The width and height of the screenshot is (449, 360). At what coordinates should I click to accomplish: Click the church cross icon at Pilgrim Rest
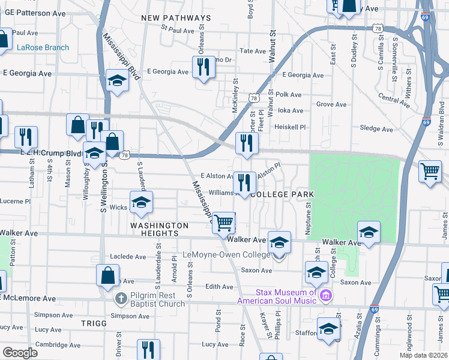click(x=121, y=298)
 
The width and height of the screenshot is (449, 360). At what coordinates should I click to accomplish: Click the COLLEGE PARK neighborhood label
click(x=283, y=195)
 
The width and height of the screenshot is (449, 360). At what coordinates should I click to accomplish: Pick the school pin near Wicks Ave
click(x=141, y=202)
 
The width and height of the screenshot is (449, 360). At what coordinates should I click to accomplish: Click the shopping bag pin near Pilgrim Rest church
click(x=107, y=275)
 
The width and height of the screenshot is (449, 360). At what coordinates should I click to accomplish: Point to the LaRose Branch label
click(x=43, y=47)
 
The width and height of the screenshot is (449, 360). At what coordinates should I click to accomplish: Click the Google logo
click(x=20, y=352)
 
